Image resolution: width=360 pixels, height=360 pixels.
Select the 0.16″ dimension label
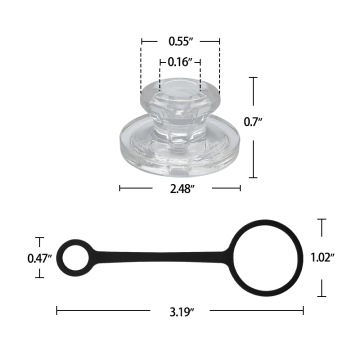(x=181, y=62)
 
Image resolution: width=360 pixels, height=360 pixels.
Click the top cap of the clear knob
(x=181, y=95)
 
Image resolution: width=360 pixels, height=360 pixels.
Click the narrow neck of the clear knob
(x=181, y=122)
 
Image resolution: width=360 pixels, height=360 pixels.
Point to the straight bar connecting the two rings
(x=160, y=257)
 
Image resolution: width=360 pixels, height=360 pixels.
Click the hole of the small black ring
(x=74, y=257)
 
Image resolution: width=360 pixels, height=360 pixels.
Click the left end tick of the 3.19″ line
(x=56, y=311)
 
